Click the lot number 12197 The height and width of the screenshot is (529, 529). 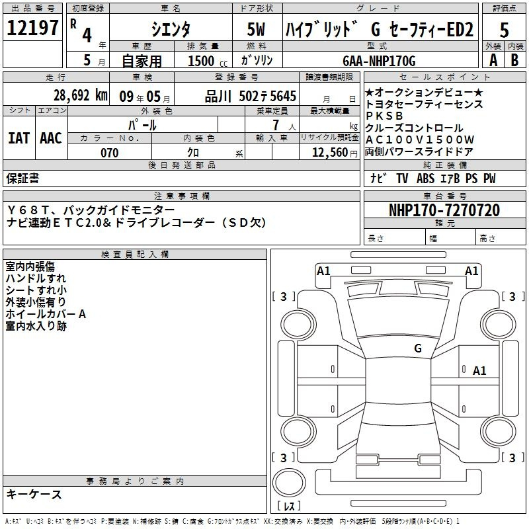coord(32,28)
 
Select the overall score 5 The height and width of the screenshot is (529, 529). coord(504,30)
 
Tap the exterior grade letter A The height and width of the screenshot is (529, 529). coord(493,60)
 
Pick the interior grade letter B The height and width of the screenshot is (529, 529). coord(514,60)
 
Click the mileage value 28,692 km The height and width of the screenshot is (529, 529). coord(80,95)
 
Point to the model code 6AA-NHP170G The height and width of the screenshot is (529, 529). coord(379,61)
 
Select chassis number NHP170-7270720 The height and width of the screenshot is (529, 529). coord(444,210)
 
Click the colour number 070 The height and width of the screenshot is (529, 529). coord(110,153)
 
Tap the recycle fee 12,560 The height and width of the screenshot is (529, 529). coord(330,153)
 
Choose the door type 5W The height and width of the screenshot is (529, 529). coord(256,29)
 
